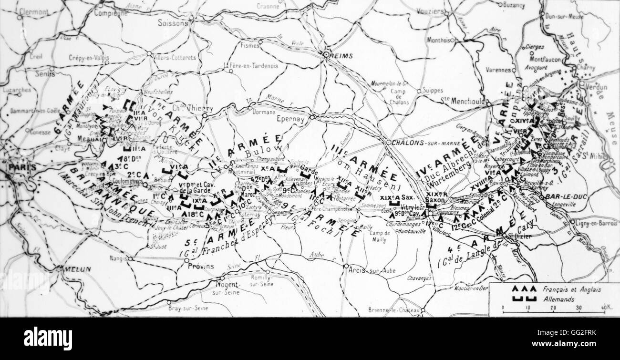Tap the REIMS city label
tap(342, 56)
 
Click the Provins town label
tap(200, 266)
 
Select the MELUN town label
tap(74, 269)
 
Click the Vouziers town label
tap(429, 11)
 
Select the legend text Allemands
tap(558, 299)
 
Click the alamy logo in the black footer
tap(48, 339)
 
